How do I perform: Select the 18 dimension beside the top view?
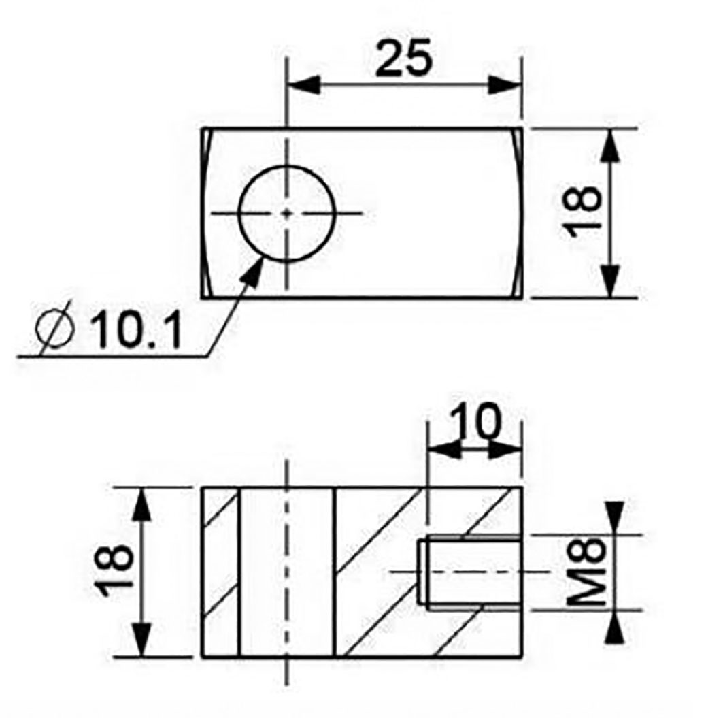pyautogui.click(x=584, y=212)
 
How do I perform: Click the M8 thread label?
pyautogui.click(x=586, y=572)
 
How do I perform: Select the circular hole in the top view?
pyautogui.click(x=288, y=213)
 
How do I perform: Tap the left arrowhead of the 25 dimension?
pyautogui.click(x=303, y=86)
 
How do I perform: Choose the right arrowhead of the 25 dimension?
pyautogui.click(x=506, y=86)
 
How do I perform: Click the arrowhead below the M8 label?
pyautogui.click(x=615, y=627)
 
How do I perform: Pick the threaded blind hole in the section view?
pyautogui.click(x=469, y=572)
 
